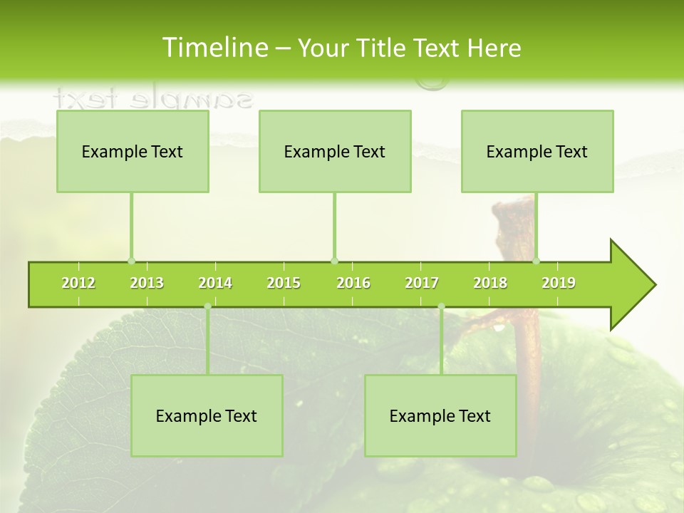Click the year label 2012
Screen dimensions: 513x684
(78, 283)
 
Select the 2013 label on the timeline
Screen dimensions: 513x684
(147, 283)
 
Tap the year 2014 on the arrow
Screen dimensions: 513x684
(215, 283)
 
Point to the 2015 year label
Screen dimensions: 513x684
(284, 283)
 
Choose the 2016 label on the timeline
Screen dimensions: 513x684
(353, 283)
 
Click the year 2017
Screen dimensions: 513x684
(422, 283)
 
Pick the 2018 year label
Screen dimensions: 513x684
(490, 283)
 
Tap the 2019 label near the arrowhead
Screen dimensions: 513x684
(559, 283)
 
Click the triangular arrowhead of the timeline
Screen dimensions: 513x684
(631, 285)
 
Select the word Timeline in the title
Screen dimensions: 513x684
(214, 48)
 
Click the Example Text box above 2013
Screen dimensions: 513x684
(133, 151)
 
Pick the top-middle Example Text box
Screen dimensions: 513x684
(335, 151)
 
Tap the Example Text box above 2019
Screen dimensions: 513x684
(537, 151)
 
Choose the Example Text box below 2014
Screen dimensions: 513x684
(207, 415)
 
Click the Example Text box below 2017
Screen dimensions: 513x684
(440, 415)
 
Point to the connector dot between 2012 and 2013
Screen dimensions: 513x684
(131, 261)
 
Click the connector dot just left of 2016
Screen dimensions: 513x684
(334, 261)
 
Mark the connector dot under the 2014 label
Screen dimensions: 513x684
(207, 306)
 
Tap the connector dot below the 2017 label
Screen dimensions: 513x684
(441, 306)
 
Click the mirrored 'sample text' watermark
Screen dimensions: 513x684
(153, 98)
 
